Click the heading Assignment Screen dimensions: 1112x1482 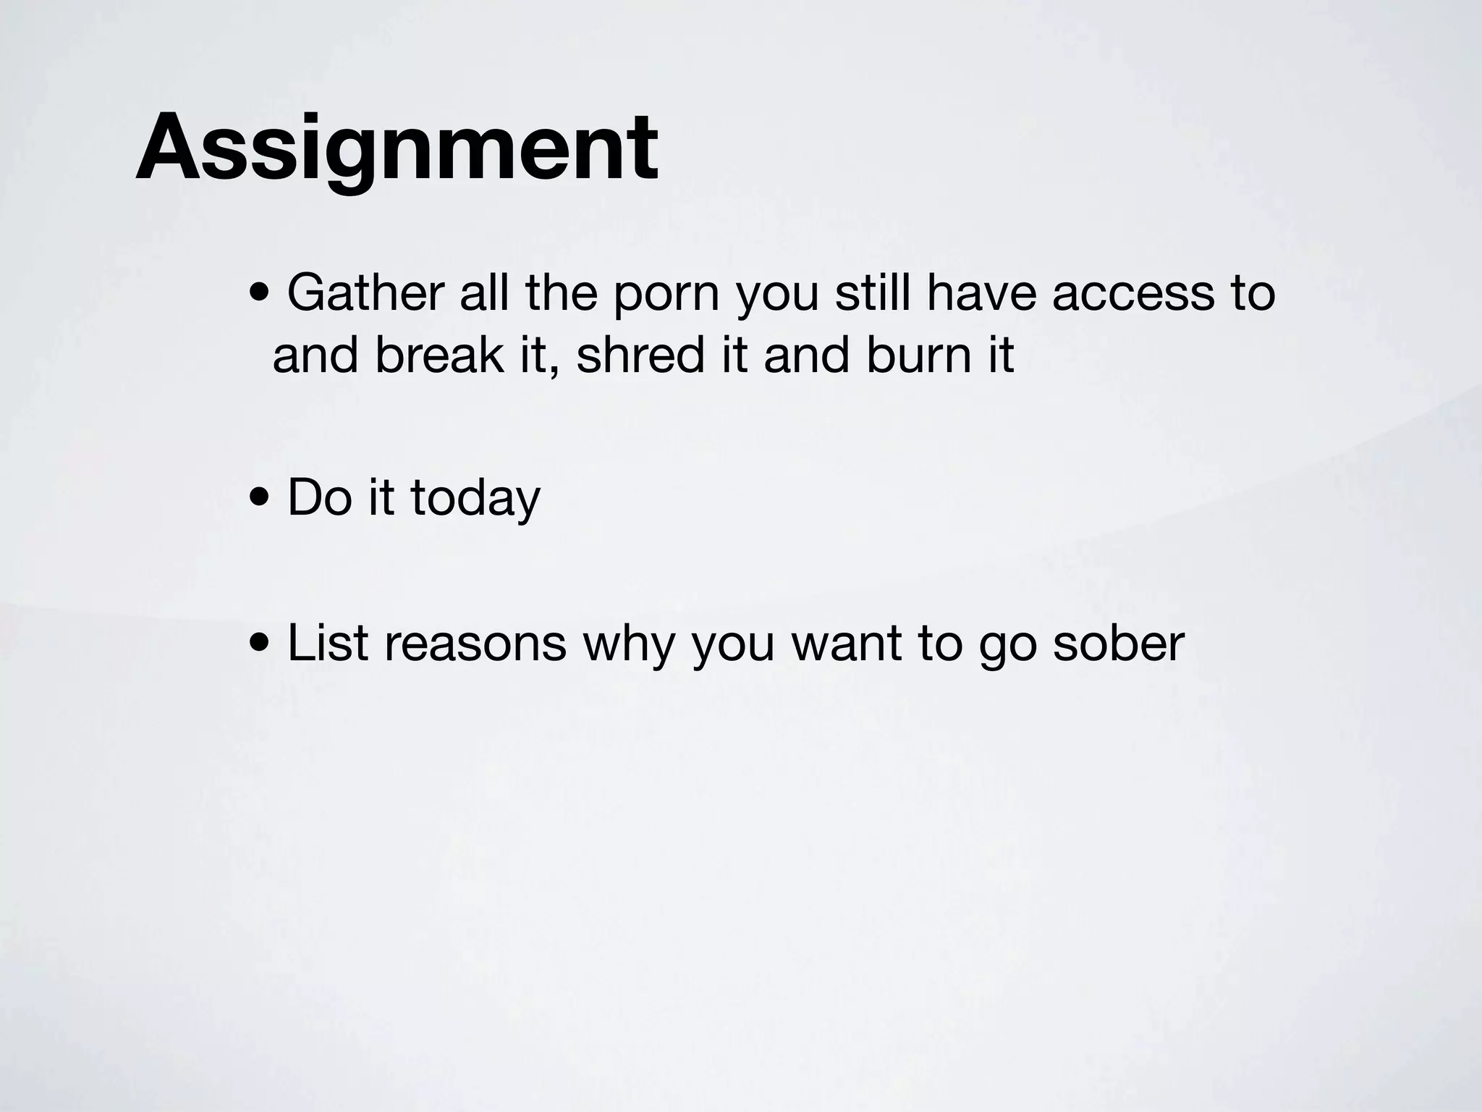tap(397, 148)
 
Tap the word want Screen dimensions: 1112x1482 tap(846, 643)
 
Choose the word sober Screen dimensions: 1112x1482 tap(1118, 643)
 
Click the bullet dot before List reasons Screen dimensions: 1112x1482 tap(259, 644)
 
